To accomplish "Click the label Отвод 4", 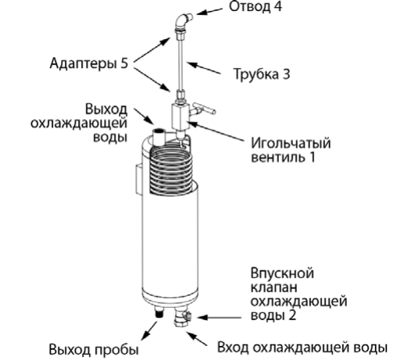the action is (x=256, y=7).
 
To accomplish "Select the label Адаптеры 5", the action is (x=89, y=63).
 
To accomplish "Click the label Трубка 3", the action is (x=262, y=74).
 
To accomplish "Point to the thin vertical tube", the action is (x=181, y=64).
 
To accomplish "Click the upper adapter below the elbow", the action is (x=180, y=34).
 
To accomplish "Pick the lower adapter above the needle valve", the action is (x=181, y=96).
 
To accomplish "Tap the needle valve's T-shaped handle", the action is (x=204, y=109).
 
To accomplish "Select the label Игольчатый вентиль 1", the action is (x=291, y=150).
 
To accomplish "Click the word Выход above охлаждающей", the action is (x=106, y=109).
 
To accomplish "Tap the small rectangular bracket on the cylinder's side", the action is (x=139, y=180).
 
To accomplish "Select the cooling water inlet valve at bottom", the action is (x=183, y=317).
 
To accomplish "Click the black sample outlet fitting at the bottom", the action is (x=159, y=312).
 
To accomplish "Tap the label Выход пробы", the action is (x=94, y=350).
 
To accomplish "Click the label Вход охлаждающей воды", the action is (x=302, y=348).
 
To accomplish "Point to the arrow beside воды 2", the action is (x=219, y=317).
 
